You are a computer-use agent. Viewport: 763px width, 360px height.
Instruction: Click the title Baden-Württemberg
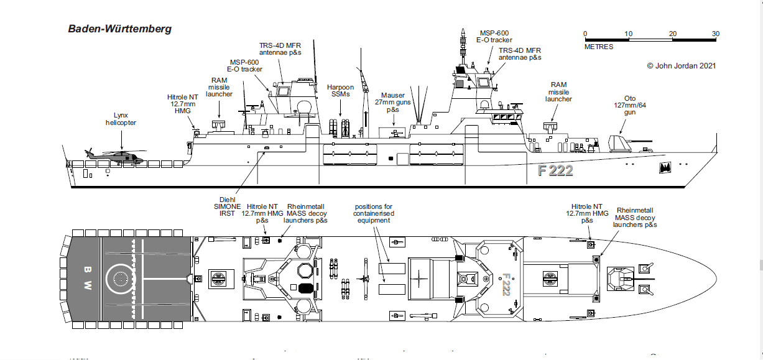click(119, 29)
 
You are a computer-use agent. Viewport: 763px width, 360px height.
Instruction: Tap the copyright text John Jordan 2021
click(682, 65)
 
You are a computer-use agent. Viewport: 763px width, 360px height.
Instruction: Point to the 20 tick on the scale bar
click(673, 34)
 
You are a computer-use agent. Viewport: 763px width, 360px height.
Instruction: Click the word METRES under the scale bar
click(598, 47)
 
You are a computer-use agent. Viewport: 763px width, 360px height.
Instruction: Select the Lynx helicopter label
click(120, 119)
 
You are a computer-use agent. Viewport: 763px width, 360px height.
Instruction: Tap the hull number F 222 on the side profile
click(555, 171)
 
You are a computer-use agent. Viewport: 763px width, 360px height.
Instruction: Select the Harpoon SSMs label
click(340, 91)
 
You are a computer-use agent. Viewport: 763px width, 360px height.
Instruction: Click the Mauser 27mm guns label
click(393, 103)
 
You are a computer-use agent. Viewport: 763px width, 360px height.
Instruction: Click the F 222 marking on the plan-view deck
click(506, 284)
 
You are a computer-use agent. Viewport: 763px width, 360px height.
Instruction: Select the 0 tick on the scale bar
click(585, 34)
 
